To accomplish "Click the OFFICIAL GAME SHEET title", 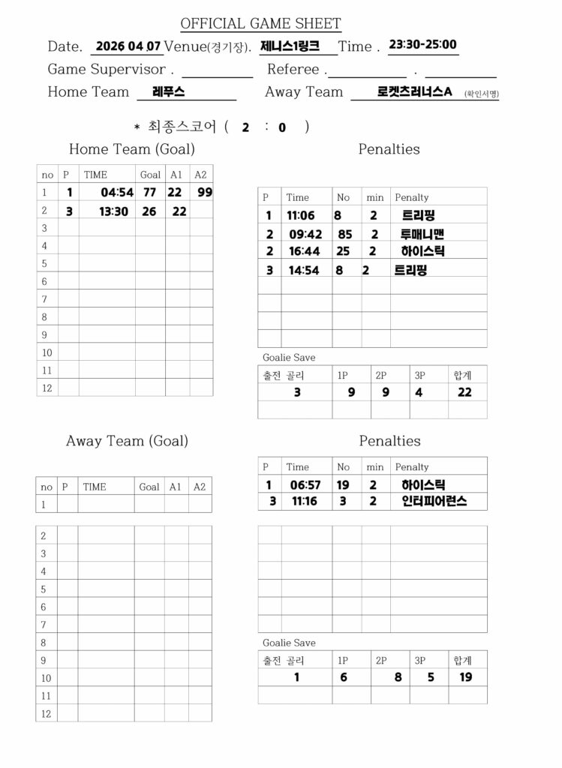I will (260, 24).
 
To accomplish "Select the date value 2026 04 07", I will (128, 46).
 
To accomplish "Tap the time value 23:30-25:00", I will (423, 44).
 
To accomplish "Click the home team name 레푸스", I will (168, 91).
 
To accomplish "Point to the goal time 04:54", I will (117, 193).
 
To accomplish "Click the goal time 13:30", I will (114, 211).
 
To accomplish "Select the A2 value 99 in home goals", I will (205, 193).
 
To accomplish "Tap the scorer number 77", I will (149, 193).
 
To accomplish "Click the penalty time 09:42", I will (305, 234).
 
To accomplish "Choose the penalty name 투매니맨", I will (422, 234).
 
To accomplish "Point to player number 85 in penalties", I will (345, 234).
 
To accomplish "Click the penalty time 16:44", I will (305, 251).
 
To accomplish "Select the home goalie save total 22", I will (464, 391).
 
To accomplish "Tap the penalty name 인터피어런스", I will (434, 501).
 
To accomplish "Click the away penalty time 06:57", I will (305, 485).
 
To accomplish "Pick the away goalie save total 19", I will (465, 677).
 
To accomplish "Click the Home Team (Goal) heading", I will (132, 149).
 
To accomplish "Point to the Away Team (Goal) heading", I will (127, 441).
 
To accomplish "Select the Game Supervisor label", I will (107, 69).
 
